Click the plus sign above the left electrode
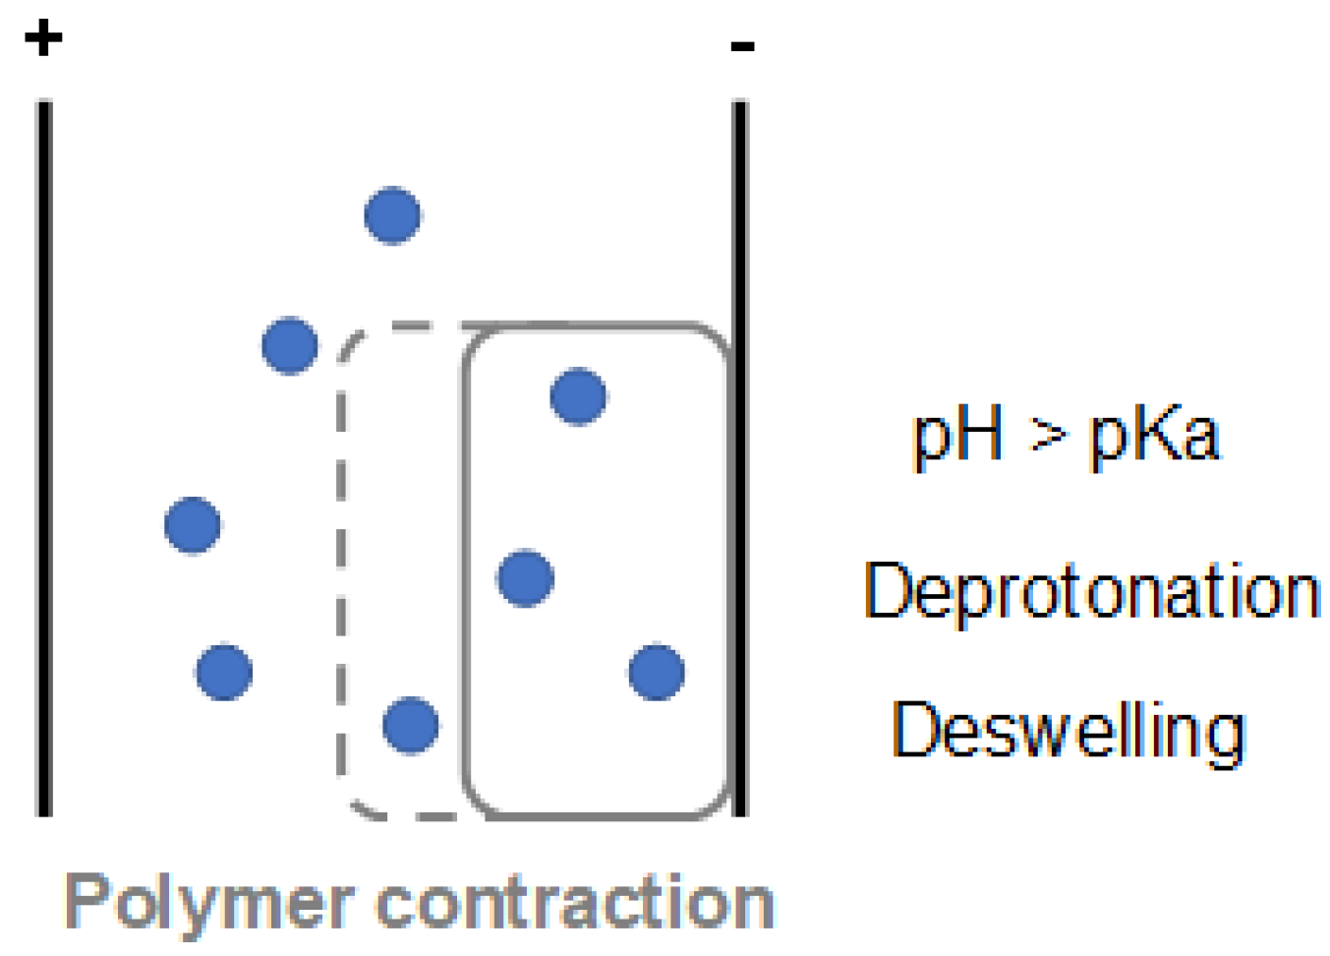[x=43, y=38]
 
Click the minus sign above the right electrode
[x=742, y=45]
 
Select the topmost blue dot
[x=393, y=214]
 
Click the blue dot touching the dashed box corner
[x=290, y=345]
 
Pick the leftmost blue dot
[x=193, y=525]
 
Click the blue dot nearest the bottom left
[x=224, y=672]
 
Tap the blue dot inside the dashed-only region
[x=411, y=725]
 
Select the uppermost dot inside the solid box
[x=578, y=395]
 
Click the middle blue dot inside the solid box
[x=526, y=577]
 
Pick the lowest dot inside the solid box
[x=657, y=672]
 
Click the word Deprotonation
[x=1091, y=593]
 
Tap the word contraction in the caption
[x=575, y=903]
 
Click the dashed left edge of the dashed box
[x=341, y=570]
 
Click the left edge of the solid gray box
[x=464, y=570]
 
